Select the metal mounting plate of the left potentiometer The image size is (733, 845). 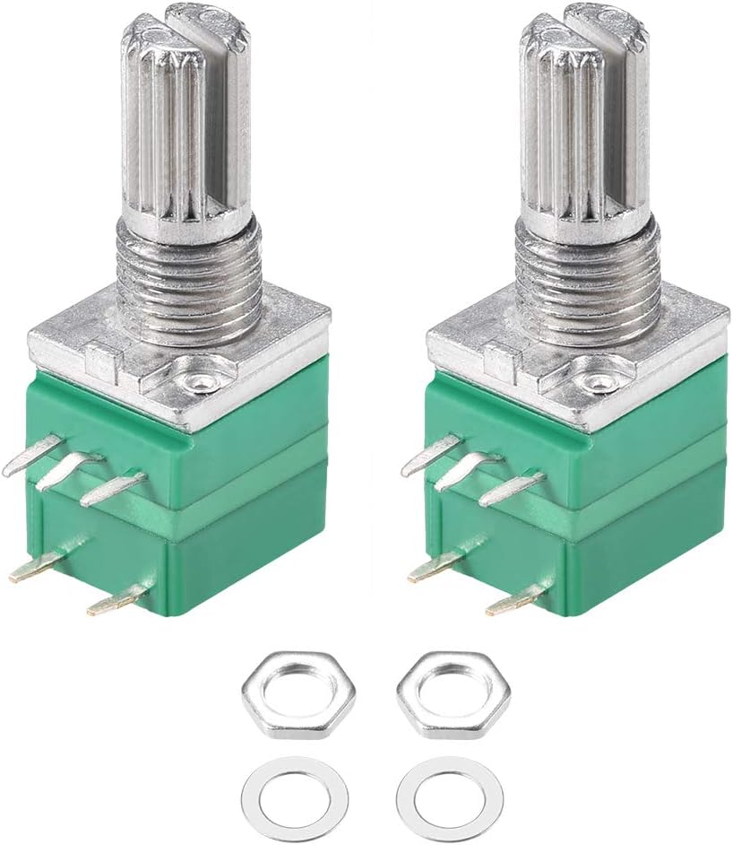point(90,345)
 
